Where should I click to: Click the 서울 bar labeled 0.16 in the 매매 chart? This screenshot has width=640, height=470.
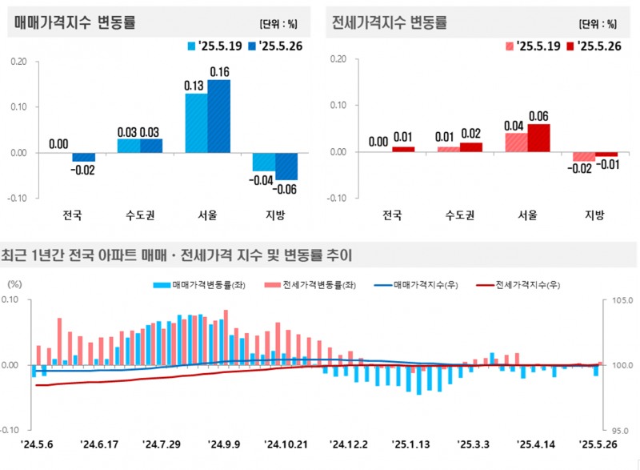(219, 116)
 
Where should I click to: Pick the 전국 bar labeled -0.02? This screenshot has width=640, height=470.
(84, 157)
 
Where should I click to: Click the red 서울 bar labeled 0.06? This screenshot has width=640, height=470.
(539, 137)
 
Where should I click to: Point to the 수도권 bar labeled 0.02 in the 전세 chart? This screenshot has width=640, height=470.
(471, 147)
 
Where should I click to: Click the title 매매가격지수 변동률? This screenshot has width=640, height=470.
(75, 22)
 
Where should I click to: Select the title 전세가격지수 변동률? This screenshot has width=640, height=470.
(390, 22)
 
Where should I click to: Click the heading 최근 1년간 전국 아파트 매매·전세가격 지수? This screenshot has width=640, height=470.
(178, 255)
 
